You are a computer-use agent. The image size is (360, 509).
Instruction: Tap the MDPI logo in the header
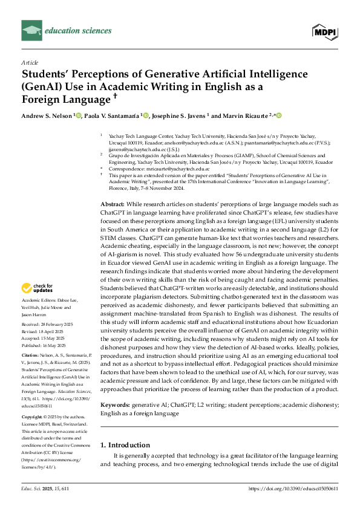click(x=324, y=30)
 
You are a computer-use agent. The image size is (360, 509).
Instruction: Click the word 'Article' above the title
click(x=30, y=62)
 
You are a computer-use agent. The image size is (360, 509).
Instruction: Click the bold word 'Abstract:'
click(x=113, y=188)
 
